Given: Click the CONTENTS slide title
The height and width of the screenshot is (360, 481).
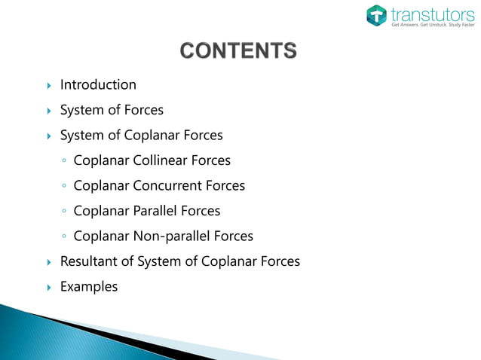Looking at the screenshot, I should tap(238, 52).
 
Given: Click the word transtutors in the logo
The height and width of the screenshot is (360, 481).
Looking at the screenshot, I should tap(427, 13).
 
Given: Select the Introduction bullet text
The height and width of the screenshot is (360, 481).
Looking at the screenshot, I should tap(98, 84).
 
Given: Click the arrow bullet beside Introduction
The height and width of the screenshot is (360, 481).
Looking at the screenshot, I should tap(47, 85).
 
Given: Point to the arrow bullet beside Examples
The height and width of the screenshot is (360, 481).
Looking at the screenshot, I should tap(47, 287).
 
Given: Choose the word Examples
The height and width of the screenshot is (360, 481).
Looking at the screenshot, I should tap(89, 286).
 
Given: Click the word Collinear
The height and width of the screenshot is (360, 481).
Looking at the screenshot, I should tap(160, 160).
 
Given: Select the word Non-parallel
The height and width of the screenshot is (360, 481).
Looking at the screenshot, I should tap(172, 236).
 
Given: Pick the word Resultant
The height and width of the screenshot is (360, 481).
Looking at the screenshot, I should tap(90, 261).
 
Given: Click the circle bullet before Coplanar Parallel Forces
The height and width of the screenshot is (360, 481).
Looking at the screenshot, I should tap(65, 212).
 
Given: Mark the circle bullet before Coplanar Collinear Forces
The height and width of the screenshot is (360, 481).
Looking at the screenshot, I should tap(65, 161).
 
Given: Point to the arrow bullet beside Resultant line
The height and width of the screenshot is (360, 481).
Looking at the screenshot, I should tap(47, 262).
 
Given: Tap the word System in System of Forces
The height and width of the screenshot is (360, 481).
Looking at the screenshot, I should tap(81, 110).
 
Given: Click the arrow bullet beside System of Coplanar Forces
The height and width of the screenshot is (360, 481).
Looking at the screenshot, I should tap(47, 136).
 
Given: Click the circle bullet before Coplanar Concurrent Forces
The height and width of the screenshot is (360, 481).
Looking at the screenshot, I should tap(65, 186).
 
